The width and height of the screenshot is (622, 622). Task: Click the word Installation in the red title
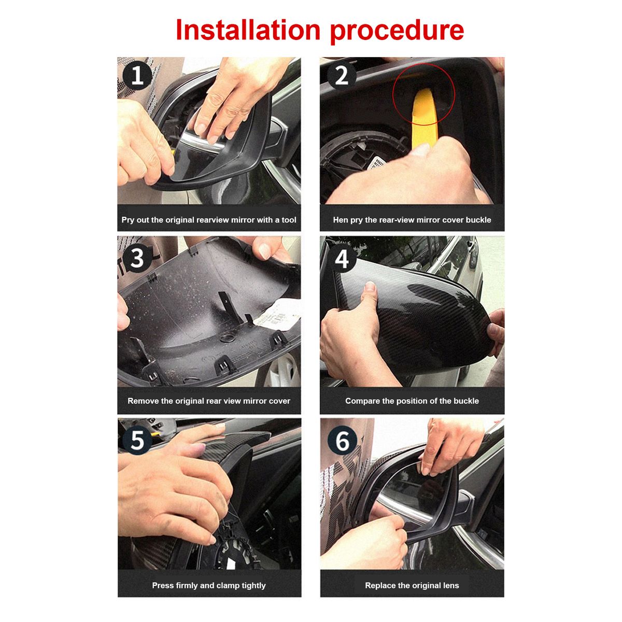(x=248, y=30)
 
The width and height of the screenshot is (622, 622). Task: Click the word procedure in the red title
(x=397, y=31)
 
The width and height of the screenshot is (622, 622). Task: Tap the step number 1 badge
(x=137, y=76)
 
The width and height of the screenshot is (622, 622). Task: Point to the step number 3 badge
(x=137, y=258)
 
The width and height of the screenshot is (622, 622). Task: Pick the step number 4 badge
(x=342, y=258)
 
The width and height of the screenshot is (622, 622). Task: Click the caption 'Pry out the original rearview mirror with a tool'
(x=208, y=220)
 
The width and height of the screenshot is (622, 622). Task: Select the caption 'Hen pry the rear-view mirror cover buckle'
(x=412, y=220)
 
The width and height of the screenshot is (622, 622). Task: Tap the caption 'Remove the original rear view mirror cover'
(x=208, y=401)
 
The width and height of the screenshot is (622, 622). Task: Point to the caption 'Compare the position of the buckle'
(x=412, y=401)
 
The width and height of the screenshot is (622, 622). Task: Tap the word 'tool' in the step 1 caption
(x=289, y=220)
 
